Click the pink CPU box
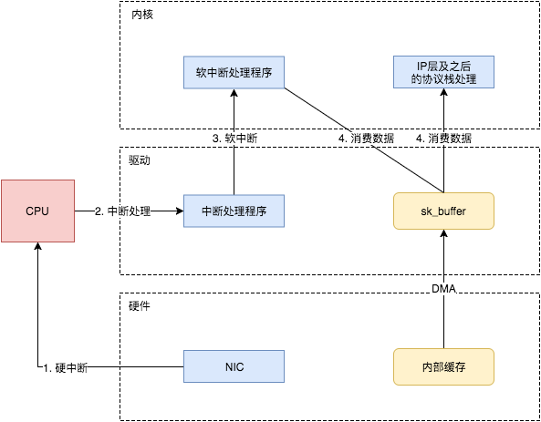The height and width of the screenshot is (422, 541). point(37,211)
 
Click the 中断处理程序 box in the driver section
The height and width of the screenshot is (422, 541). point(234,211)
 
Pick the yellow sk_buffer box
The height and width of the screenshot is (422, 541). point(443,211)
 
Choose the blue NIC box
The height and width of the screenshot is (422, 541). point(234,365)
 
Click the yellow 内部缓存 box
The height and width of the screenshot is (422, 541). point(443,365)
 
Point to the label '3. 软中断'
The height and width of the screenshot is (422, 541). point(234,139)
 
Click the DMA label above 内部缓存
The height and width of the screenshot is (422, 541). point(443,289)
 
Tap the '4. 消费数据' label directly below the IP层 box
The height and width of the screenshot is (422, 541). point(443,139)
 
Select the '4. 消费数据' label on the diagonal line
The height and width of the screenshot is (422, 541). point(366,139)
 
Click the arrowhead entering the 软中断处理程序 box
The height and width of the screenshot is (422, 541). point(234,96)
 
